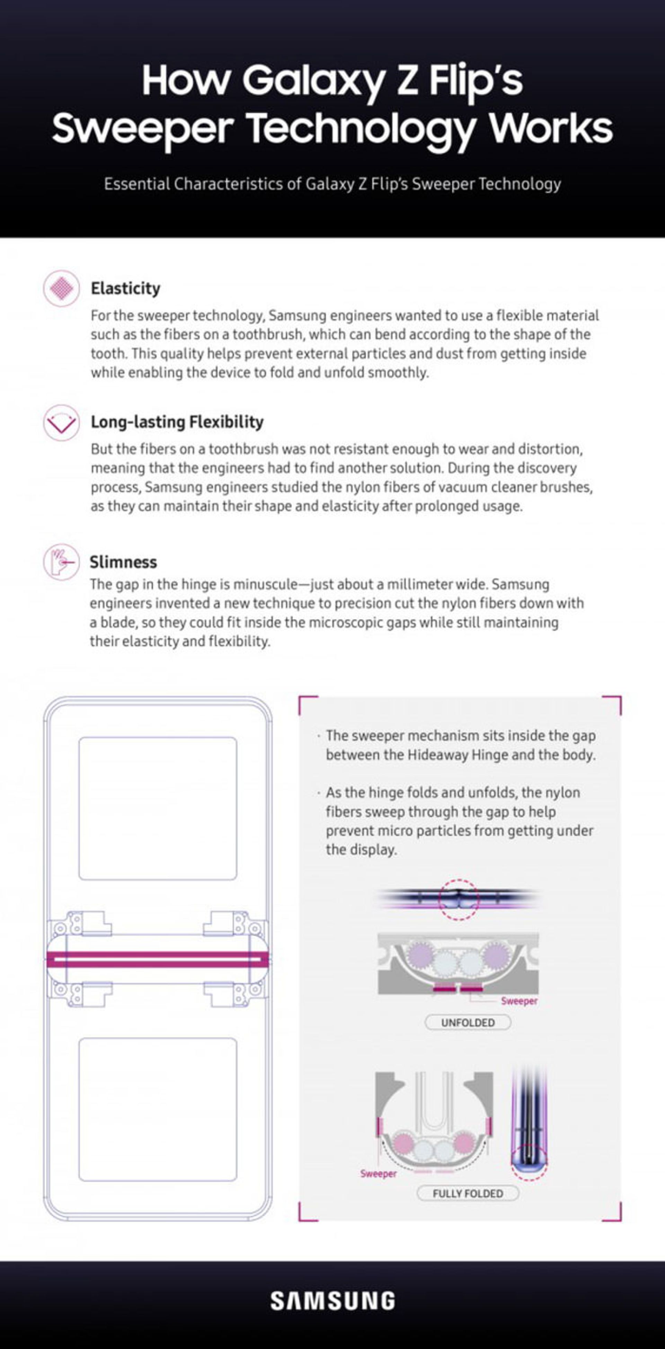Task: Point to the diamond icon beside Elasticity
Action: [62, 288]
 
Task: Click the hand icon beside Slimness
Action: [62, 562]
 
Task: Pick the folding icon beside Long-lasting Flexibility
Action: [62, 422]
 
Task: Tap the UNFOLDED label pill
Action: [468, 1022]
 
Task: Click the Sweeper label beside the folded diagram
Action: [378, 1173]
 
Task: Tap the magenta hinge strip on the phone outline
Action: [158, 959]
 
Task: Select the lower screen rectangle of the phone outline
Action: [158, 1109]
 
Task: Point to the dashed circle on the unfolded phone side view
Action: [458, 899]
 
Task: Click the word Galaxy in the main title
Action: [313, 80]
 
